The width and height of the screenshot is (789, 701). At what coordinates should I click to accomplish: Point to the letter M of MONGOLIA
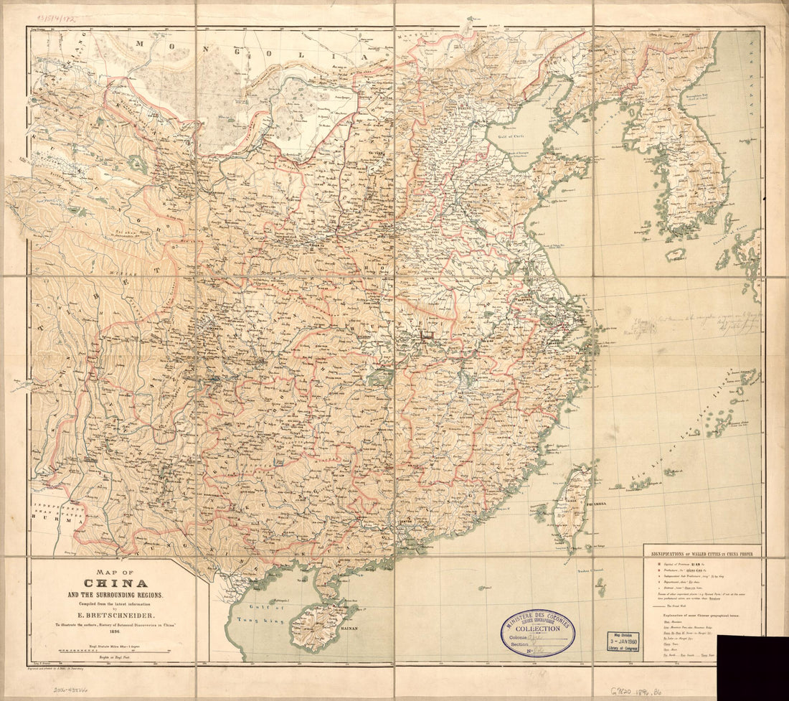tap(141, 44)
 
